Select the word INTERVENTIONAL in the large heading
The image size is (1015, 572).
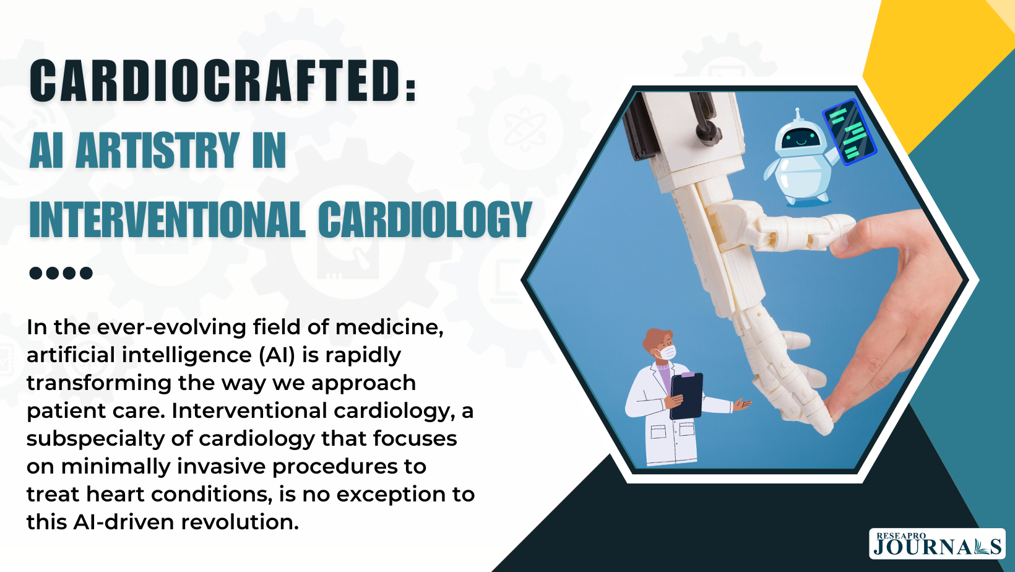166,219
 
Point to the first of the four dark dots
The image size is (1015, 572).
35,273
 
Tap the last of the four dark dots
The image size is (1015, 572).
86,273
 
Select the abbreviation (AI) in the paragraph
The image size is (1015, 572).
277,355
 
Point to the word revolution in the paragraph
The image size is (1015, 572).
240,522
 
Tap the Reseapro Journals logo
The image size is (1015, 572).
936,544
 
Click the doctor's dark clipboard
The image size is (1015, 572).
686,396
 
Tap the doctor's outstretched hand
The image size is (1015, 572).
742,404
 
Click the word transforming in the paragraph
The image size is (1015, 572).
99,383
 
